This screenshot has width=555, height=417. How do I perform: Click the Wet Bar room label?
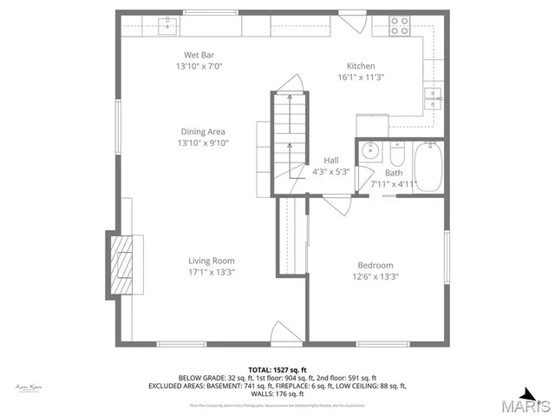194,55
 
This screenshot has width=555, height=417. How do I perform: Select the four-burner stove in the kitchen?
399,26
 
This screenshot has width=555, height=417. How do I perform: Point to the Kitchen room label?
361,66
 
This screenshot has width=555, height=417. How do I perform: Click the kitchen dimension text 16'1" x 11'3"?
361,77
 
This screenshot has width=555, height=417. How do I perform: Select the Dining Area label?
202,132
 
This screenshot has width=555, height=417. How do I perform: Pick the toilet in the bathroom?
397,154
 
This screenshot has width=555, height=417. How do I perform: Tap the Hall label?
331,161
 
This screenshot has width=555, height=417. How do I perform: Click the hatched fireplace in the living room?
121,264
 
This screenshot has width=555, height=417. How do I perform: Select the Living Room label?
212,261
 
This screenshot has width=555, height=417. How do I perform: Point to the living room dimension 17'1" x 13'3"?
212,272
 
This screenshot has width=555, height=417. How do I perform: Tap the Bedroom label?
375,266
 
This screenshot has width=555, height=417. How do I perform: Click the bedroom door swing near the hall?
336,206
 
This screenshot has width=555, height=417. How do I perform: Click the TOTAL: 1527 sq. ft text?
277,370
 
